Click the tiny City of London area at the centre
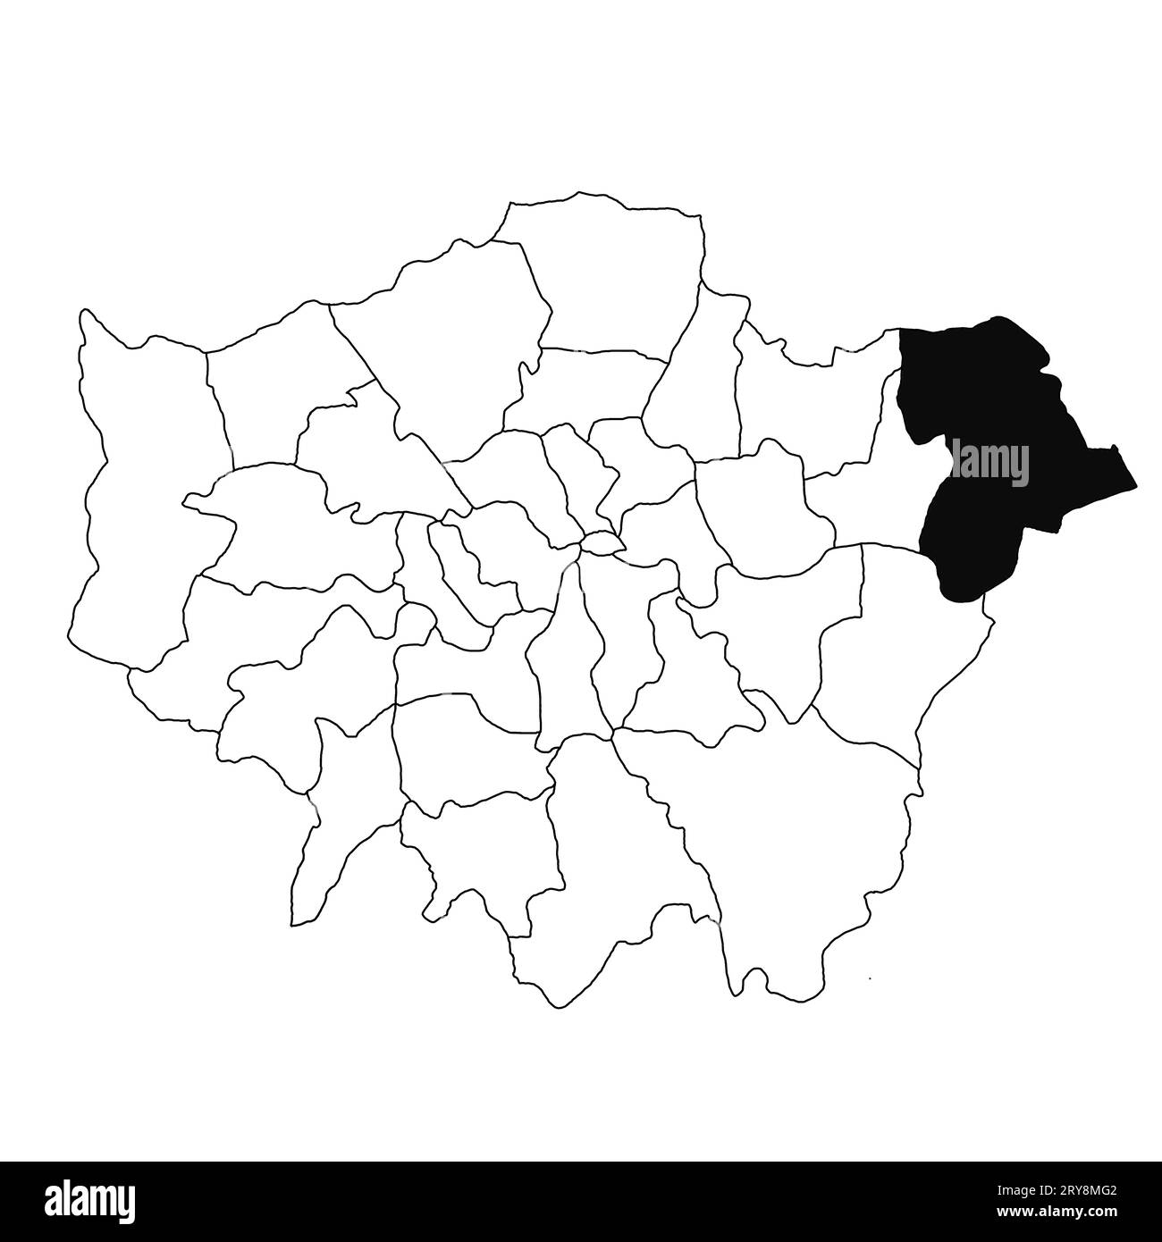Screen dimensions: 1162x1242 602,542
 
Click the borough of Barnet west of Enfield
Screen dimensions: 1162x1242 447,340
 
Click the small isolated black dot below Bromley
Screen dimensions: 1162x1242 870,979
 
